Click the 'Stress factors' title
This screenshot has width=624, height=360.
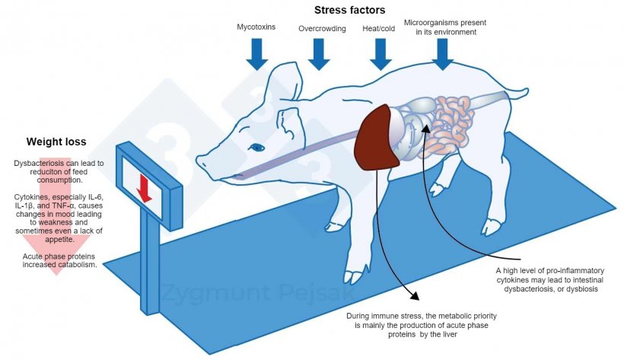pyautogui.click(x=350, y=10)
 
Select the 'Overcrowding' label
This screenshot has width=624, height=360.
pyautogui.click(x=322, y=29)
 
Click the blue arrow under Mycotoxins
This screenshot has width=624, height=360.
pyautogui.click(x=258, y=53)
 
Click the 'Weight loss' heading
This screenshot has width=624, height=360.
pyautogui.click(x=56, y=142)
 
